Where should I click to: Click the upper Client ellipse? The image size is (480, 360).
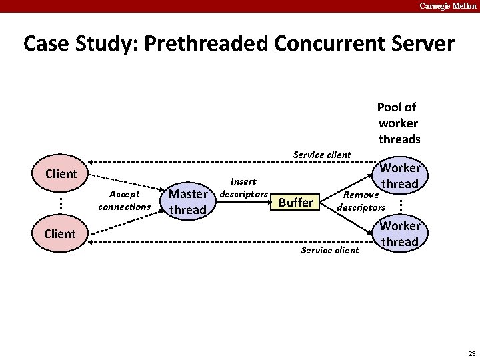click(61, 175)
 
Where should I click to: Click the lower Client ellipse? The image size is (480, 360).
click(60, 234)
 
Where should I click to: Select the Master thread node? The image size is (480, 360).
click(187, 202)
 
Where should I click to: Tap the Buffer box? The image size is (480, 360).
click(295, 202)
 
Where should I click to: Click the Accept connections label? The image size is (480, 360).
click(125, 201)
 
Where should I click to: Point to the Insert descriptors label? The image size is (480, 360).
click(243, 187)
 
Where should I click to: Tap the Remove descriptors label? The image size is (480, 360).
click(361, 201)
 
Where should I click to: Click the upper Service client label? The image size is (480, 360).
click(322, 155)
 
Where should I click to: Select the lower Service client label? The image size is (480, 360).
click(330, 250)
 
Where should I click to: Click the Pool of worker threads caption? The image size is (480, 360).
click(399, 123)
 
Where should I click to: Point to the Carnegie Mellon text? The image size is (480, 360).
click(448, 6)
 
